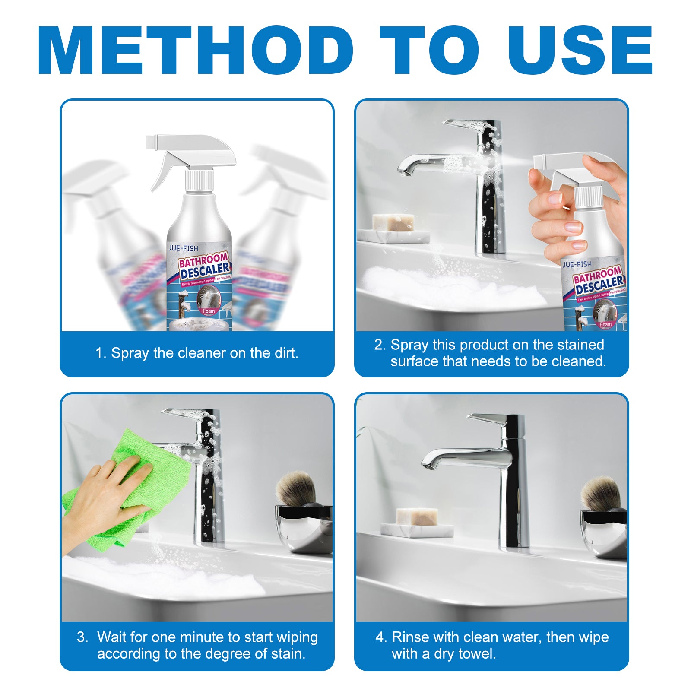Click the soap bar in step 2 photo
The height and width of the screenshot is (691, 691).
coord(393,222)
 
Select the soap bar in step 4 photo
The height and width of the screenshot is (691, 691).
coord(417,517)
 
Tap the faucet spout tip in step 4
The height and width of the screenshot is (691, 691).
coord(428,464)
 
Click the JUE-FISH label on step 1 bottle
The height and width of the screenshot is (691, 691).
coord(183,248)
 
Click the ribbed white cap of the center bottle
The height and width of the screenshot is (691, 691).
coord(199,181)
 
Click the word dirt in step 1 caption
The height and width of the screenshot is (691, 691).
coord(285,353)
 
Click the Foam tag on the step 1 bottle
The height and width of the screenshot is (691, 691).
coord(209,311)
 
